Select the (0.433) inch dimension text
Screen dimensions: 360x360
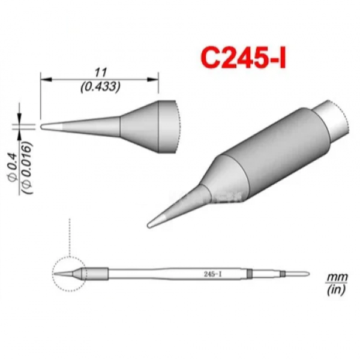(x=100, y=86)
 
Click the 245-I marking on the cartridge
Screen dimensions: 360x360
(x=211, y=274)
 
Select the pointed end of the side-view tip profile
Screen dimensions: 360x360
(x=43, y=126)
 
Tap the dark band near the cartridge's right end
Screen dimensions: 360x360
(x=248, y=274)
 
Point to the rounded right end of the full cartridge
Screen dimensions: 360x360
(x=308, y=274)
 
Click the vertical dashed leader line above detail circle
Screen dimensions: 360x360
(x=71, y=237)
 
